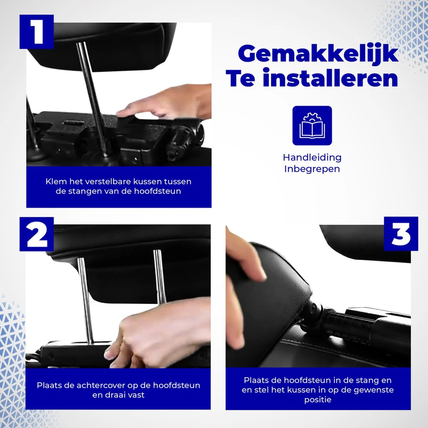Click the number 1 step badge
click(36, 31)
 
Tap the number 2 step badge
click(36, 234)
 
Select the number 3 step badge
click(401, 234)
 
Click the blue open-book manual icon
click(312, 126)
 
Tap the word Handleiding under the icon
click(312, 157)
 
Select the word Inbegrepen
click(312, 169)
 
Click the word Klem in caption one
click(56, 182)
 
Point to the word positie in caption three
click(318, 400)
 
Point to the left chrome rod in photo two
click(86, 300)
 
